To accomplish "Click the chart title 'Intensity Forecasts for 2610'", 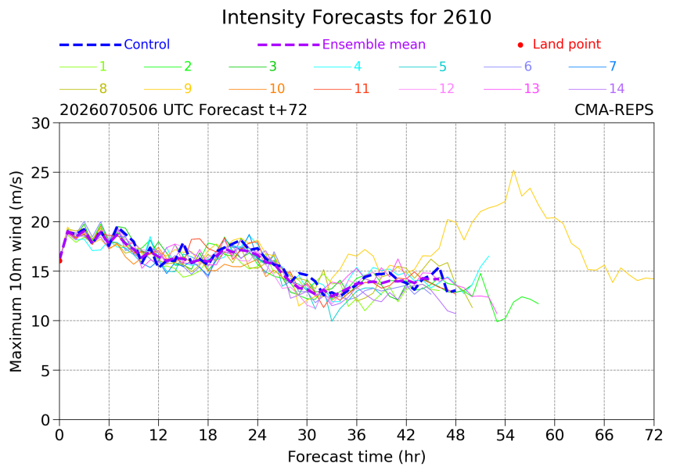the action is (356, 17).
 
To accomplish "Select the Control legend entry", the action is (114, 44).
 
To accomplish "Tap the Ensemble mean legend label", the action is (374, 44).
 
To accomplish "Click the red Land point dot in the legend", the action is (520, 45).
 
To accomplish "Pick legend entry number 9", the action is (167, 89).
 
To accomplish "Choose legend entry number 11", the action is (342, 89).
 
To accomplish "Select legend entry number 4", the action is (337, 66).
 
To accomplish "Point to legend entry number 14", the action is (596, 89).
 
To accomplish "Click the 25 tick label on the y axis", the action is (41, 172).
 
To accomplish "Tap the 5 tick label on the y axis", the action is (45, 371).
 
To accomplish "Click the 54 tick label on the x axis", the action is (506, 436).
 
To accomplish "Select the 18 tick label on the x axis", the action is (207, 436).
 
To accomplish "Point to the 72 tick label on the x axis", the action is (653, 436).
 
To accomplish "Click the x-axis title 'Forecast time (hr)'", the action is (356, 457).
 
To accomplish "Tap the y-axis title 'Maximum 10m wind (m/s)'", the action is (16, 271).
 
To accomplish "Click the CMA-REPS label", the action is (614, 110).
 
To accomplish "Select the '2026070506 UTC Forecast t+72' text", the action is (183, 110).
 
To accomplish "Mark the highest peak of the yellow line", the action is (513, 171).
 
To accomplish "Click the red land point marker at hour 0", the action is (59, 260).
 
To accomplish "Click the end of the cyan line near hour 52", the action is (489, 256).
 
